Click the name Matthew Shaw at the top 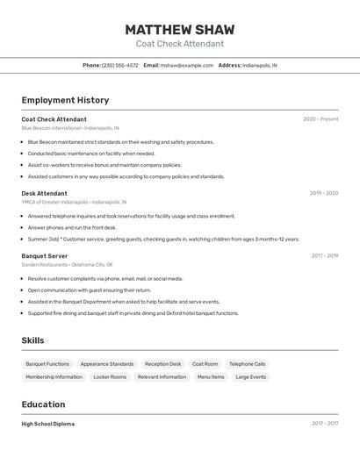(x=180, y=30)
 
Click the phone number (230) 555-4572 (x=120, y=65)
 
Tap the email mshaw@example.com (x=187, y=65)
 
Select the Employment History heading (x=65, y=101)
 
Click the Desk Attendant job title (x=44, y=193)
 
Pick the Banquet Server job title (x=44, y=256)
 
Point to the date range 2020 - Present (x=320, y=119)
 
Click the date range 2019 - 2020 (x=324, y=193)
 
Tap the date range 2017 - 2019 (x=325, y=256)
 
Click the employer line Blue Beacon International (x=70, y=128)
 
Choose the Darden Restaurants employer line (x=67, y=264)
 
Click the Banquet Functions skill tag (x=47, y=363)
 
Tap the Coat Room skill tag (x=205, y=363)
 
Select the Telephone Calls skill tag (x=247, y=363)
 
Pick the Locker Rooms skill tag (x=110, y=376)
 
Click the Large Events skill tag (x=250, y=376)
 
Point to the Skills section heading (x=32, y=340)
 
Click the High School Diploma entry (x=47, y=424)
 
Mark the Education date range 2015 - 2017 (x=325, y=424)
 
